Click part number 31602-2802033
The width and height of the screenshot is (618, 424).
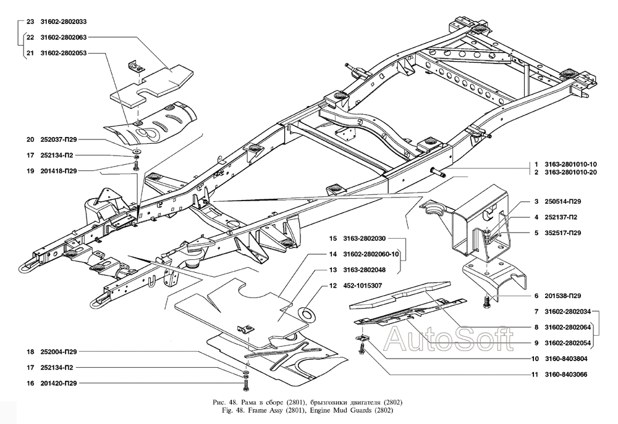point(64,22)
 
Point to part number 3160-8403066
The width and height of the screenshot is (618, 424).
point(566,375)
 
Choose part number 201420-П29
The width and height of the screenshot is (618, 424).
point(58,383)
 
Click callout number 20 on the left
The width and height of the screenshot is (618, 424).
point(30,139)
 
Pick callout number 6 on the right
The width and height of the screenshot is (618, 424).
point(536,296)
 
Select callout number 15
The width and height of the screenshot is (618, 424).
point(333,238)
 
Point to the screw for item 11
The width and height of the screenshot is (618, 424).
point(362,347)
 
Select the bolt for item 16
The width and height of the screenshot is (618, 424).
point(246,383)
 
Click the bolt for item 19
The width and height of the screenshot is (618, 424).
point(136,166)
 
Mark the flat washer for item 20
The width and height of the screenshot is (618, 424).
point(136,150)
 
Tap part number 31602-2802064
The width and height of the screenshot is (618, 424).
point(567,327)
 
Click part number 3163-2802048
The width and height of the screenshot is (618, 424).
point(364,270)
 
